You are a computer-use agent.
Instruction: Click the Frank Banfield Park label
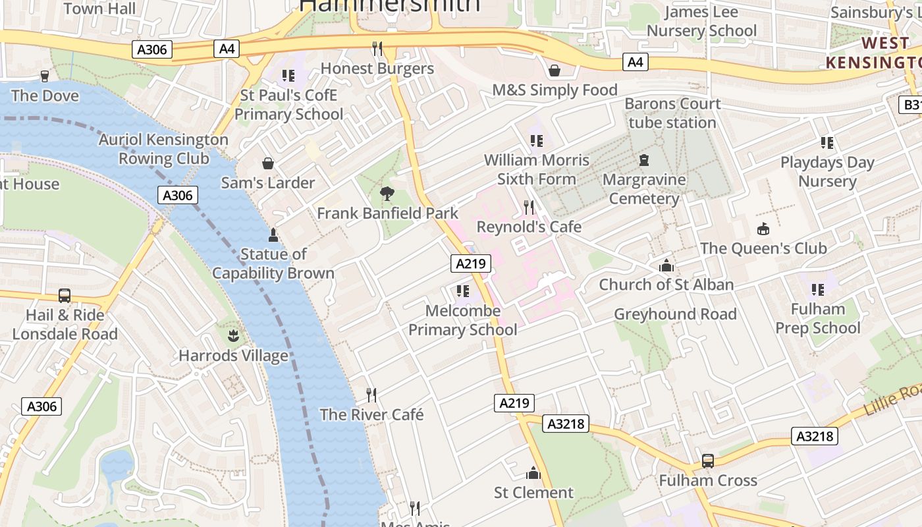click(x=387, y=213)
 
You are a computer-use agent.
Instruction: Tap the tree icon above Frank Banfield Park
click(x=387, y=194)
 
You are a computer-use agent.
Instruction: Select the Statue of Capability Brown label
click(x=273, y=263)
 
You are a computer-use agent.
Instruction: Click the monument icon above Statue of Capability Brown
click(x=273, y=235)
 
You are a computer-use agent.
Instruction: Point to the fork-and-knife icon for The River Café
click(x=371, y=395)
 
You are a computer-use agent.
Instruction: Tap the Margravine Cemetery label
click(x=644, y=189)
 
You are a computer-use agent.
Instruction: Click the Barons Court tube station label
click(x=672, y=113)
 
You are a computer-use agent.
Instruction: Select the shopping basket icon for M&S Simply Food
click(x=555, y=70)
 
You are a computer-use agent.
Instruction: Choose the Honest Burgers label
click(x=377, y=69)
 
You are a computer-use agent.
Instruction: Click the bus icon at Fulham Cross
click(x=708, y=461)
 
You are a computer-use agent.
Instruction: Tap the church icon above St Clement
click(x=533, y=473)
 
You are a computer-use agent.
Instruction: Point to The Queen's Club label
click(x=763, y=248)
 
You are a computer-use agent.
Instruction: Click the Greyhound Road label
click(x=675, y=314)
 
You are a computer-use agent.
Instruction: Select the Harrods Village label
click(x=233, y=356)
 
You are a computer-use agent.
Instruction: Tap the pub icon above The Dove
click(x=45, y=76)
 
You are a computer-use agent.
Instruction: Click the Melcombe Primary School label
click(x=463, y=320)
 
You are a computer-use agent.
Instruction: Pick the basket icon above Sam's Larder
click(x=268, y=163)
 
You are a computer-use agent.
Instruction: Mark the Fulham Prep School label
click(x=818, y=318)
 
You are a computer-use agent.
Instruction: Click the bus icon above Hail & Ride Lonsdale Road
click(x=65, y=296)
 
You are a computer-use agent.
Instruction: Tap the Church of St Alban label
click(x=666, y=285)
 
